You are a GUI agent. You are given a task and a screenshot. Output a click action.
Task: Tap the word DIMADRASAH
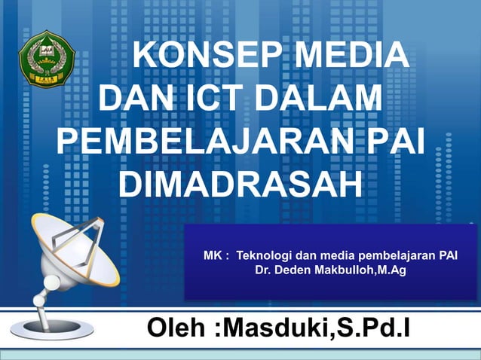tap(240, 184)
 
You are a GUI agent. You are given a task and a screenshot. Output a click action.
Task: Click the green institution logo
tap(47, 57)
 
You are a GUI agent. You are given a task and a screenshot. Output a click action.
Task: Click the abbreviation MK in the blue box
tap(213, 256)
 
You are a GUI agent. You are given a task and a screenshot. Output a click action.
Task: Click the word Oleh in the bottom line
tap(178, 328)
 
